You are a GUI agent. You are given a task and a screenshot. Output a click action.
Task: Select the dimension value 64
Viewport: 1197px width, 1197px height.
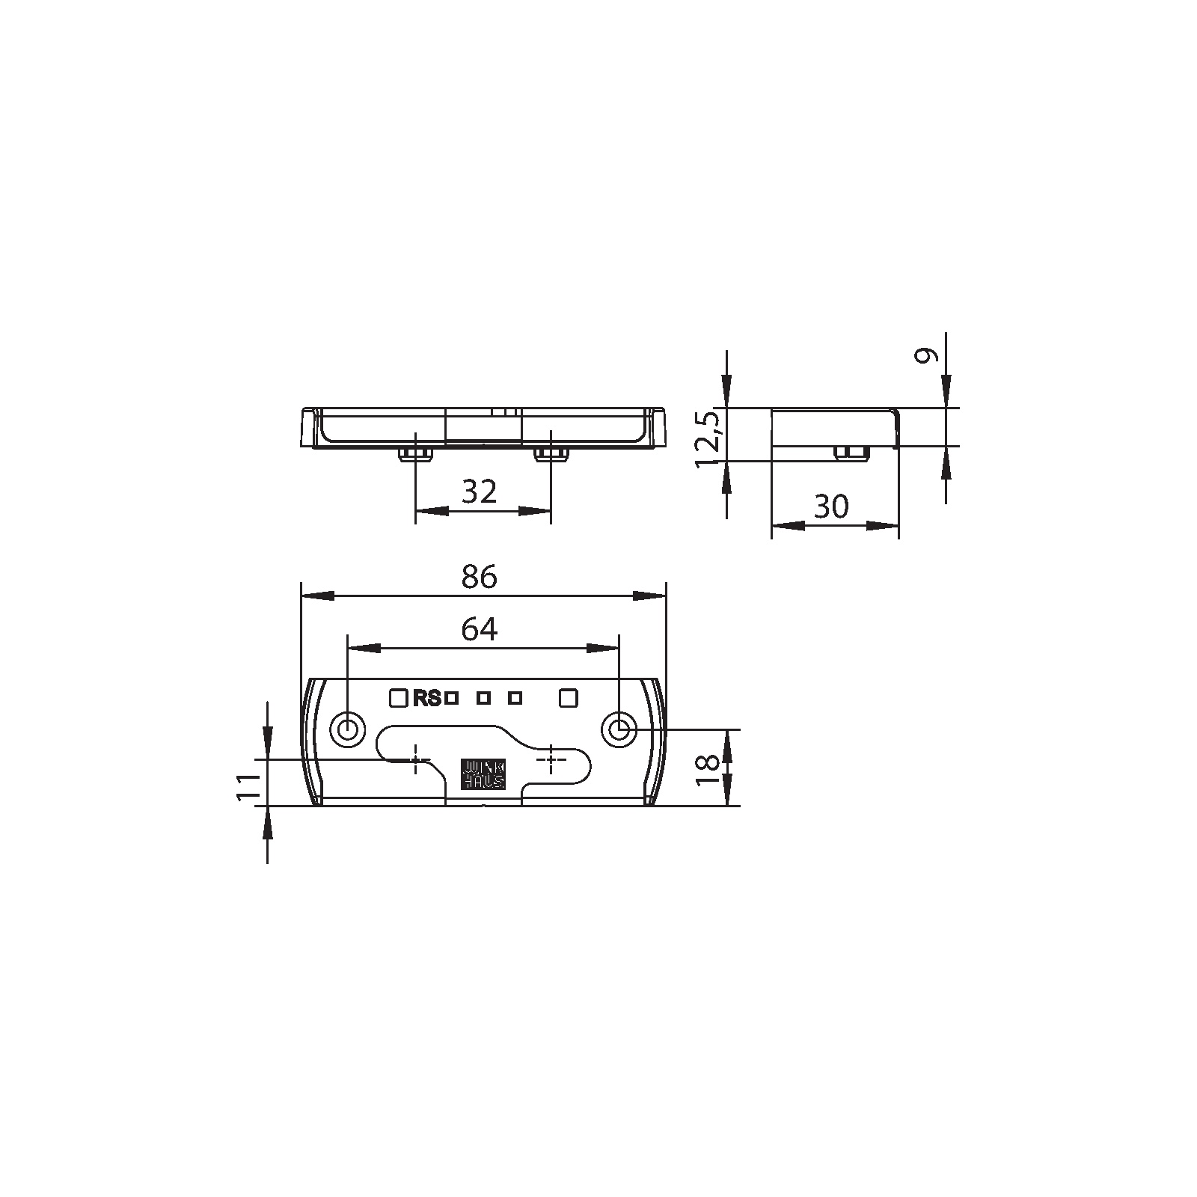point(479,629)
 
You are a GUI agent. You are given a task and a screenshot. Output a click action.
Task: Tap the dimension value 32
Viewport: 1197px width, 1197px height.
point(480,492)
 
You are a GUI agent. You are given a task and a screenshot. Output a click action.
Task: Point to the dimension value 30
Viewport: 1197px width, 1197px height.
point(831,506)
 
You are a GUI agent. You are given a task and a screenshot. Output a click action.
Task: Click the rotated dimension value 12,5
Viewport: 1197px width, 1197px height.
point(708,439)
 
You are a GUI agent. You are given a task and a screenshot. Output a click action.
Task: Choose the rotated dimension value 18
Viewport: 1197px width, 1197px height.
point(708,770)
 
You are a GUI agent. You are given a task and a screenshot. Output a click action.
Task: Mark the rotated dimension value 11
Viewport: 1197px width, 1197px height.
point(248,787)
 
